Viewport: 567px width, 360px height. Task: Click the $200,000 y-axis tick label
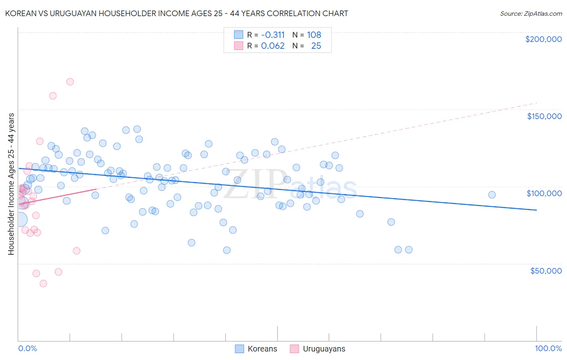click(543, 39)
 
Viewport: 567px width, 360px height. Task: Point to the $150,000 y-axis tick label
click(544, 116)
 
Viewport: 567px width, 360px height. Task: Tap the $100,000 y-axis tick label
click(544, 193)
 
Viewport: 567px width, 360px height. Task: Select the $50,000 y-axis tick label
click(546, 270)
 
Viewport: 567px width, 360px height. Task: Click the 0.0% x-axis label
click(27, 348)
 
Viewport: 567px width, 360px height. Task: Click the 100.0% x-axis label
click(548, 348)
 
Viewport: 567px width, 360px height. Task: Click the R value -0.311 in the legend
click(273, 35)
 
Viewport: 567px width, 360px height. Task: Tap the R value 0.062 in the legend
click(273, 46)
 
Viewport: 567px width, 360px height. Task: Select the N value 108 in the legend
click(314, 35)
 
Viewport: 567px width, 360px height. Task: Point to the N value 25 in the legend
click(316, 46)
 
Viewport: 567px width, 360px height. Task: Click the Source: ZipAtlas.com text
click(531, 13)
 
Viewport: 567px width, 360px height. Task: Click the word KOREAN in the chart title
click(20, 13)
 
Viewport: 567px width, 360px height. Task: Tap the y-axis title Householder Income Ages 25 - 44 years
click(11, 184)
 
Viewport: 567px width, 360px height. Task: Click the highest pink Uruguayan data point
click(70, 82)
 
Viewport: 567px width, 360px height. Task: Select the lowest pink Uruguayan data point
click(43, 283)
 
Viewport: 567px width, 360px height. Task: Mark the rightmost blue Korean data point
click(492, 195)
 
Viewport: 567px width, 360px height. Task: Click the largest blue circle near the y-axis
click(20, 220)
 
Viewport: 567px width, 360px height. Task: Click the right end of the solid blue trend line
click(536, 210)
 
